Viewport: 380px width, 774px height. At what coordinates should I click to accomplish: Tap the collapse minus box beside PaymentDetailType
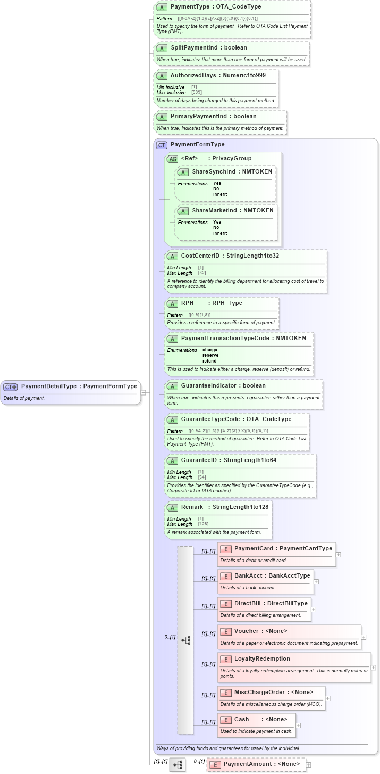143,392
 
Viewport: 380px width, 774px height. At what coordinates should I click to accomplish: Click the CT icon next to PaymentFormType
162,145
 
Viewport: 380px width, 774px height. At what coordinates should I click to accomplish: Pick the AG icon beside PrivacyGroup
172,159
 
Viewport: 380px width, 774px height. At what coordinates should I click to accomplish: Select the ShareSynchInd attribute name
213,172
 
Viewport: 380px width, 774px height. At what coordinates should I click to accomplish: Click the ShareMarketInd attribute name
214,210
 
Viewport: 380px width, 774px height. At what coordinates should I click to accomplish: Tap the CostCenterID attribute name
200,256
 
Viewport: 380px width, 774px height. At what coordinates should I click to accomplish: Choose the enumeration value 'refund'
209,361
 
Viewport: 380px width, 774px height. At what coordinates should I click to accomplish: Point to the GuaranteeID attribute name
198,460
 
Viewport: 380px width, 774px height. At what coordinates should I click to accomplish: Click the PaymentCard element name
254,548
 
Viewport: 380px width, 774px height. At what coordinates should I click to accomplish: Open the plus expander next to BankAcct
316,582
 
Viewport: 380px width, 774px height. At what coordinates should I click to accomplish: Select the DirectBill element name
247,603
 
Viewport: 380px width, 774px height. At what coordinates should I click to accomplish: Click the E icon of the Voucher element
226,631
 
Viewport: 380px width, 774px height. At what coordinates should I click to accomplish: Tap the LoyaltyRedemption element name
262,658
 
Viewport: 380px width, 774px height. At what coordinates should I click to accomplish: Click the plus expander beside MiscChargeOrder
327,698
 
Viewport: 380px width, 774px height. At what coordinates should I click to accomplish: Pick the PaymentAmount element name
247,764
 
